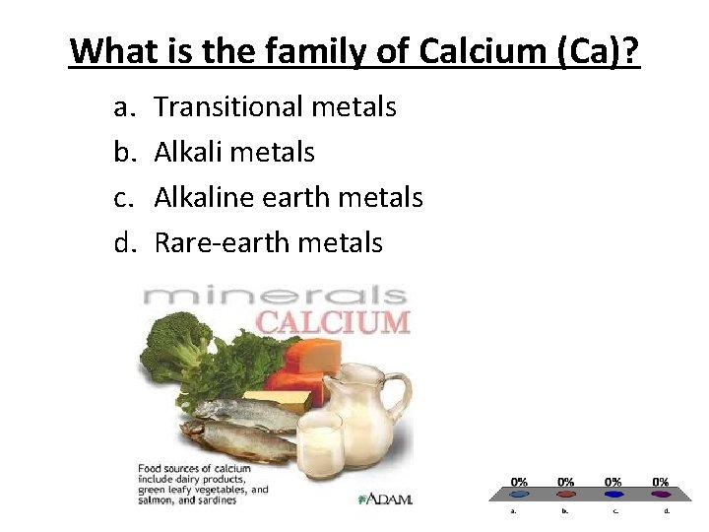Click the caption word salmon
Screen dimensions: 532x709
pos(161,499)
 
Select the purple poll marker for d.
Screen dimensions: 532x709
pos(661,495)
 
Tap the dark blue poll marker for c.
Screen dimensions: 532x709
pos(613,495)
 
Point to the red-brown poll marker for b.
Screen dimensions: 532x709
pos(566,495)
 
